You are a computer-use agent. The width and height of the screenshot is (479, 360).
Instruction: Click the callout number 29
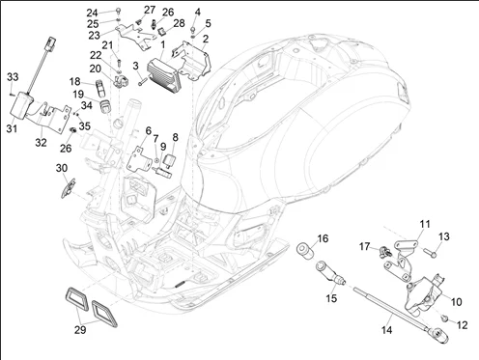(80, 330)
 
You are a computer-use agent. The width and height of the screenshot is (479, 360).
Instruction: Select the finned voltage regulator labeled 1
(164, 73)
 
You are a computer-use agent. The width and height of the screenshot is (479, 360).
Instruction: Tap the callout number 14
(387, 330)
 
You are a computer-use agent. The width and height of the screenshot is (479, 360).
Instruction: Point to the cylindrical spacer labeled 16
(305, 251)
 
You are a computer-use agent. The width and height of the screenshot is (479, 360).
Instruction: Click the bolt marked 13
(430, 253)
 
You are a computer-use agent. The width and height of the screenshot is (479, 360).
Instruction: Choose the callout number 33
(13, 77)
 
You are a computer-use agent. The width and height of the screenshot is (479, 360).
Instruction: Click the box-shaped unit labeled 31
(21, 105)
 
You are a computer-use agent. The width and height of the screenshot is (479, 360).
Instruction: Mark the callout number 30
(62, 168)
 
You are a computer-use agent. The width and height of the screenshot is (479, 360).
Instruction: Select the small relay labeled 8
(171, 160)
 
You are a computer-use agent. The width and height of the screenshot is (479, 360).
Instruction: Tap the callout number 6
(148, 130)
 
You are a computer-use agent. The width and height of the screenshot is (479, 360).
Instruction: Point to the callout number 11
(425, 224)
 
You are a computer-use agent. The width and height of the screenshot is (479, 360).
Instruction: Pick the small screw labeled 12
(444, 318)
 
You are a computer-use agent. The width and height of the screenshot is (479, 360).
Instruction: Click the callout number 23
(94, 35)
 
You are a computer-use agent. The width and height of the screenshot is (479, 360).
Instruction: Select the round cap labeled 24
(118, 12)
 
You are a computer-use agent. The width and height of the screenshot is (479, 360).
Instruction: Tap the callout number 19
(78, 95)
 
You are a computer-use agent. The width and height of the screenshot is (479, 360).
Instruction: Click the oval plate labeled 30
(69, 188)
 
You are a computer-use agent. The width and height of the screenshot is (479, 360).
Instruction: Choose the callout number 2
(206, 39)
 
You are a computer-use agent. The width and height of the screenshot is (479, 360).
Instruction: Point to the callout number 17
(364, 246)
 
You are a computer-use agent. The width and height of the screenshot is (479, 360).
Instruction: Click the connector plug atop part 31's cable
(51, 44)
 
